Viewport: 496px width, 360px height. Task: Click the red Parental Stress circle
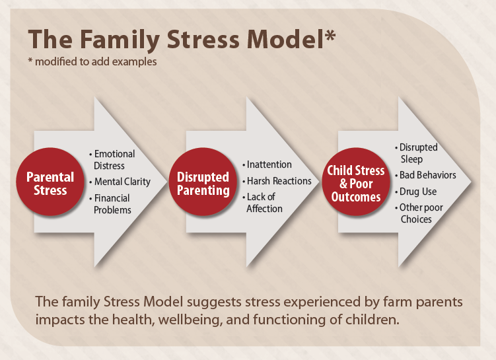50,182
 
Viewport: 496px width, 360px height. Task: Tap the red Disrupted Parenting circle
203,182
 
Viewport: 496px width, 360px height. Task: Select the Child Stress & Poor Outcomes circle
356,182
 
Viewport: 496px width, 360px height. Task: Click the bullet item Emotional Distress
113,160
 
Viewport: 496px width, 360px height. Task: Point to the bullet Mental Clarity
120,182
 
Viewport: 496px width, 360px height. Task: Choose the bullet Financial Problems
110,204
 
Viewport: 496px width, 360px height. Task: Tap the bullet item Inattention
267,164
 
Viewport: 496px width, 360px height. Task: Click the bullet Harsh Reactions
277,181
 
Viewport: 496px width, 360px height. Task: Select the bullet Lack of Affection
262,203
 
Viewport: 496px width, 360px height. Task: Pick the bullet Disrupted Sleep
416,153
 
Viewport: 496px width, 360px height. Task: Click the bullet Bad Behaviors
425,175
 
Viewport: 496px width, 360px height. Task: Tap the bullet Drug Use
415,192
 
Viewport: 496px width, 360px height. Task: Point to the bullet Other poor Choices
419,213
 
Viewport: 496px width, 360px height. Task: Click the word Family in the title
120,40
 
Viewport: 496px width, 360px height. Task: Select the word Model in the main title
285,39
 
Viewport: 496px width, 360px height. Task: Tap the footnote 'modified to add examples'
96,61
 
